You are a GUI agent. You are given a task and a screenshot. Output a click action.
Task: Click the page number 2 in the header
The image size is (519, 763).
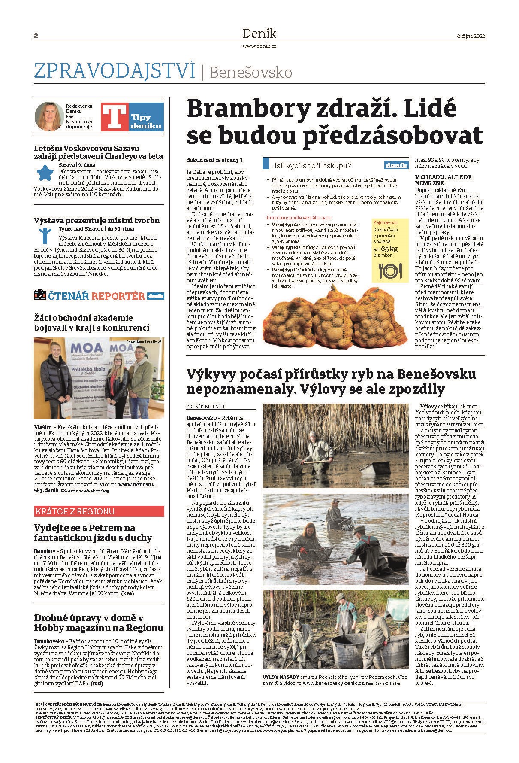(x=36, y=36)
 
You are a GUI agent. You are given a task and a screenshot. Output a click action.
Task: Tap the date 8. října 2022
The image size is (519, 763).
(x=471, y=36)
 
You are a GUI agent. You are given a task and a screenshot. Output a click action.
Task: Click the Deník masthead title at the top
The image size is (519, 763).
(x=259, y=33)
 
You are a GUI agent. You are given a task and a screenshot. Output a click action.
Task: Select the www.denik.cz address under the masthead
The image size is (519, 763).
(x=259, y=45)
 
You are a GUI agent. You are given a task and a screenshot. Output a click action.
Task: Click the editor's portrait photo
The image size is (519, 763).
(x=48, y=116)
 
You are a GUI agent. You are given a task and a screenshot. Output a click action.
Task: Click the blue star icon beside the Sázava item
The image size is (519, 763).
(x=44, y=173)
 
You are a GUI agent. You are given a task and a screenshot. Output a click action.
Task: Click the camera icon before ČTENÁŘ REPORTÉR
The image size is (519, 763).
(x=40, y=295)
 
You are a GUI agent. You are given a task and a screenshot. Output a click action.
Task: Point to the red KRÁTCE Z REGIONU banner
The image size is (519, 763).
(x=99, y=511)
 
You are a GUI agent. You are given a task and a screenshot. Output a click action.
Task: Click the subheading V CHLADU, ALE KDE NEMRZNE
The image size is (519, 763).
(x=443, y=179)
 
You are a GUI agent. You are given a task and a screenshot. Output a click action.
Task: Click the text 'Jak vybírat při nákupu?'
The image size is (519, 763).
(x=312, y=165)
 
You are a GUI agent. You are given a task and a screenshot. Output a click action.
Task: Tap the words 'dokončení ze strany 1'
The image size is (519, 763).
(x=214, y=160)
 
